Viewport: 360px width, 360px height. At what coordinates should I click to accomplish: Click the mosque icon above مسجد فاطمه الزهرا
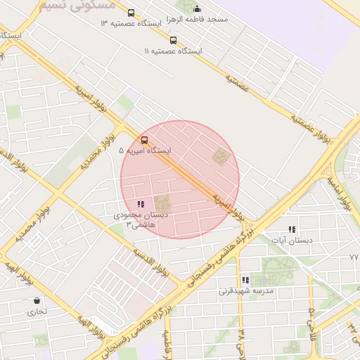pyautogui.click(x=197, y=9)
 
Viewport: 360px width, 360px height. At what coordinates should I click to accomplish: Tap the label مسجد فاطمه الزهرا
pyautogui.click(x=197, y=20)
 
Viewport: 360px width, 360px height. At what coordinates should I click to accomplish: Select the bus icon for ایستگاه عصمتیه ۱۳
pyautogui.click(x=131, y=13)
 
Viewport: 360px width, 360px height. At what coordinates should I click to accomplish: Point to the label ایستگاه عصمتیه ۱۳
pyautogui.click(x=131, y=23)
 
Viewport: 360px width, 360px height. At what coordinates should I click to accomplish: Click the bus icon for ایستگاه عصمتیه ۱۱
pyautogui.click(x=173, y=41)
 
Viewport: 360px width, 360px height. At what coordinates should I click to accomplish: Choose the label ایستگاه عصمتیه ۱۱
pyautogui.click(x=173, y=51)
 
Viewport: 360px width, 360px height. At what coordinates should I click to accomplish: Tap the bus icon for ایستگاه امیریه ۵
pyautogui.click(x=145, y=140)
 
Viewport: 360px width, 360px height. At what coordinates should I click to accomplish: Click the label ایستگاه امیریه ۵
pyautogui.click(x=145, y=150)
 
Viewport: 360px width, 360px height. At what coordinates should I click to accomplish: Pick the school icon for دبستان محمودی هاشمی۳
pyautogui.click(x=141, y=204)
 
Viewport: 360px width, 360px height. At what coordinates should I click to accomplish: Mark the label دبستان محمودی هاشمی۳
pyautogui.click(x=140, y=220)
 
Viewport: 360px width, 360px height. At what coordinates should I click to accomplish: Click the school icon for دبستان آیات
pyautogui.click(x=292, y=229)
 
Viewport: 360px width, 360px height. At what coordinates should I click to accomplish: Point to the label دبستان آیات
pyautogui.click(x=292, y=240)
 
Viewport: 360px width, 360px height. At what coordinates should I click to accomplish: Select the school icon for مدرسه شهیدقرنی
pyautogui.click(x=245, y=280)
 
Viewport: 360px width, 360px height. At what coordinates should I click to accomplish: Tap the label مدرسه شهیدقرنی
pyautogui.click(x=245, y=290)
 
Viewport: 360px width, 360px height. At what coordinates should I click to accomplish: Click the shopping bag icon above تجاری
pyautogui.click(x=37, y=300)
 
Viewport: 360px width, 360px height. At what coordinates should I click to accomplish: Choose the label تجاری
pyautogui.click(x=37, y=310)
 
